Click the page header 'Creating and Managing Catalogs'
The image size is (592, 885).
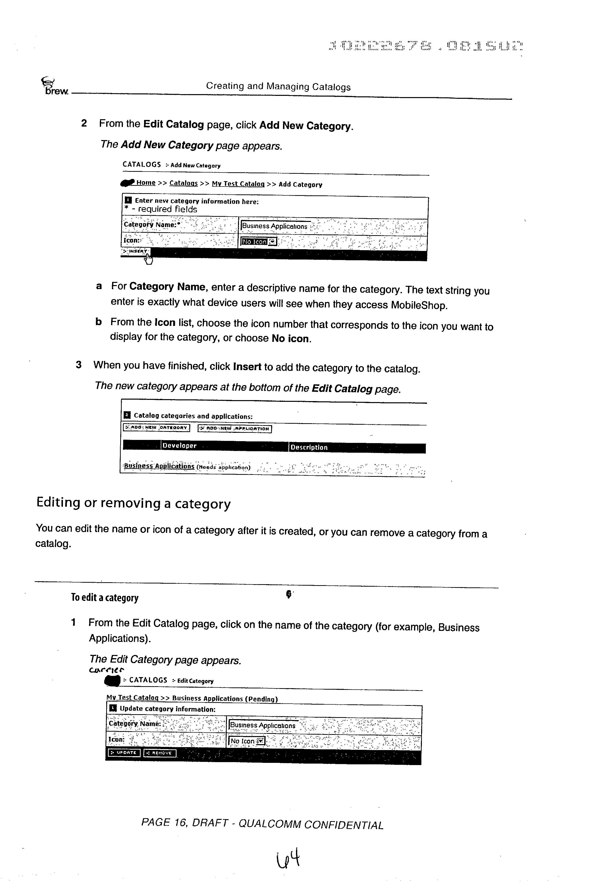pos(278,87)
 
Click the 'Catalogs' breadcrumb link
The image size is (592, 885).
pos(183,183)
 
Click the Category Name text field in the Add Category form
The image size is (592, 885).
pos(276,226)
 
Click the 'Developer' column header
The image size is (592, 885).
pos(180,446)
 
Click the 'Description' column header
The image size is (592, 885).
pos(309,447)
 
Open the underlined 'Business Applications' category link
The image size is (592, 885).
pos(159,466)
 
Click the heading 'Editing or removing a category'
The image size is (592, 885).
pos(133,504)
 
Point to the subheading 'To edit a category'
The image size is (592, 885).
pos(105,598)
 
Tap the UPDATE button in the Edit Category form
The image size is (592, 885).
pos(124,753)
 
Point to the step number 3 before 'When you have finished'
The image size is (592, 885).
pos(78,365)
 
